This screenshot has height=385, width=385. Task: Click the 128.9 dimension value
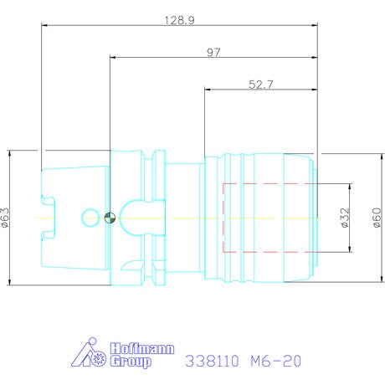pyautogui.click(x=179, y=20)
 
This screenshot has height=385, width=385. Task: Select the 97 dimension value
pyautogui.click(x=213, y=52)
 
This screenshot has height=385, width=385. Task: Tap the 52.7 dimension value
pyautogui.click(x=261, y=85)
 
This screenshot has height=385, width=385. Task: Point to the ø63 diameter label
pyautogui.click(x=5, y=218)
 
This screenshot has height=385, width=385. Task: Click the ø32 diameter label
pyautogui.click(x=346, y=218)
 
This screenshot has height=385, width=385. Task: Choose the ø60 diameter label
pyautogui.click(x=377, y=218)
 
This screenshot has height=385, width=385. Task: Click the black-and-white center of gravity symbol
pyautogui.click(x=110, y=218)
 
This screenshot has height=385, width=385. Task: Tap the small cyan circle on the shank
pyautogui.click(x=90, y=218)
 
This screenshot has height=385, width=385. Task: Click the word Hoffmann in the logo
pyautogui.click(x=142, y=349)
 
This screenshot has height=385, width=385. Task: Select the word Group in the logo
pyautogui.click(x=131, y=362)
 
